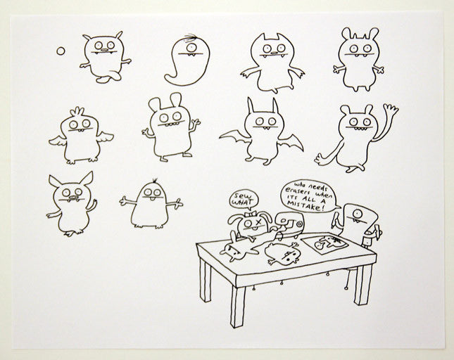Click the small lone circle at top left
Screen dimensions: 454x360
tap(61, 51)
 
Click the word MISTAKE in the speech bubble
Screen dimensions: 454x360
tap(305, 205)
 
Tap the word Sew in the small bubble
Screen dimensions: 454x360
tap(240, 195)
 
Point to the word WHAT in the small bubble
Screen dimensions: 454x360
tap(243, 202)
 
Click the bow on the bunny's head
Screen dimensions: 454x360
tap(249, 215)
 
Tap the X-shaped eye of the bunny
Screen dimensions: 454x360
tap(258, 223)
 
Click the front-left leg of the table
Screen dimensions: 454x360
tap(237, 306)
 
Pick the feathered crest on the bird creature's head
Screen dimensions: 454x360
tap(77, 111)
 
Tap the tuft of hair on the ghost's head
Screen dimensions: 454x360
tap(191, 37)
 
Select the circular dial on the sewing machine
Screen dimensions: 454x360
tap(299, 224)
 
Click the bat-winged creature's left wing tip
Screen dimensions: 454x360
tap(220, 138)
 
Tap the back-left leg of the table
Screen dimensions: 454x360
tap(205, 279)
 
